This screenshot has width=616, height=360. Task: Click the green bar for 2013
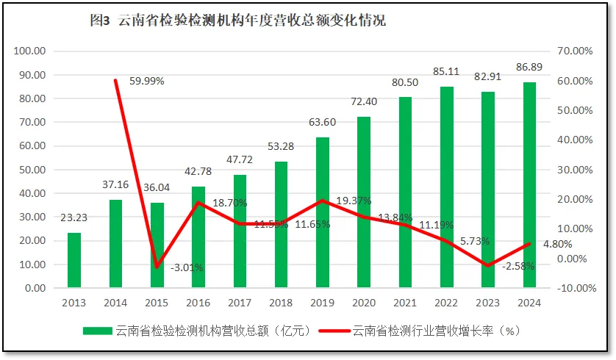pos(74,260)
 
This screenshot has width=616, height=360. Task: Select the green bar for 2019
pos(322,212)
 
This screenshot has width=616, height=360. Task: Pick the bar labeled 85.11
pos(446,187)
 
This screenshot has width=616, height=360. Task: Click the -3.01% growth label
pos(187,267)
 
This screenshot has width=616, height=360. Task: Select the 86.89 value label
pos(529,68)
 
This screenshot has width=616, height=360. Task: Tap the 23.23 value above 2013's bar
pos(75,217)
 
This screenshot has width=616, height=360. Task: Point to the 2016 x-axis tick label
pos(198,302)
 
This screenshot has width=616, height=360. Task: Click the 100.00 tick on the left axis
pos(30,51)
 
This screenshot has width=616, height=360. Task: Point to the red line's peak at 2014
pos(115,80)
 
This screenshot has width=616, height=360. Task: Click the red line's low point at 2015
pos(157,267)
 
